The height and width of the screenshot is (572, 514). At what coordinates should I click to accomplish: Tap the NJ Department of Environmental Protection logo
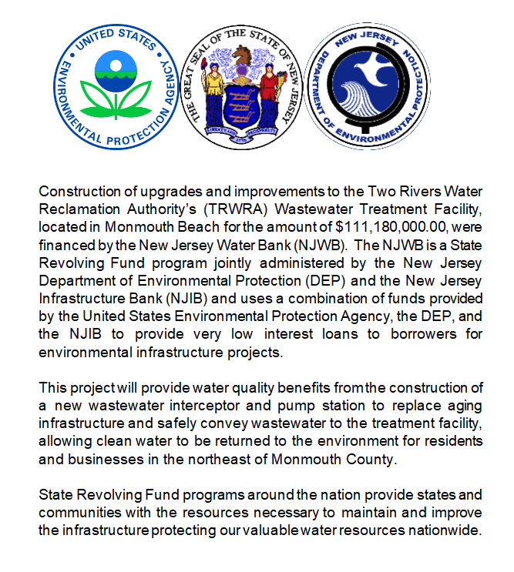coord(367,85)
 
